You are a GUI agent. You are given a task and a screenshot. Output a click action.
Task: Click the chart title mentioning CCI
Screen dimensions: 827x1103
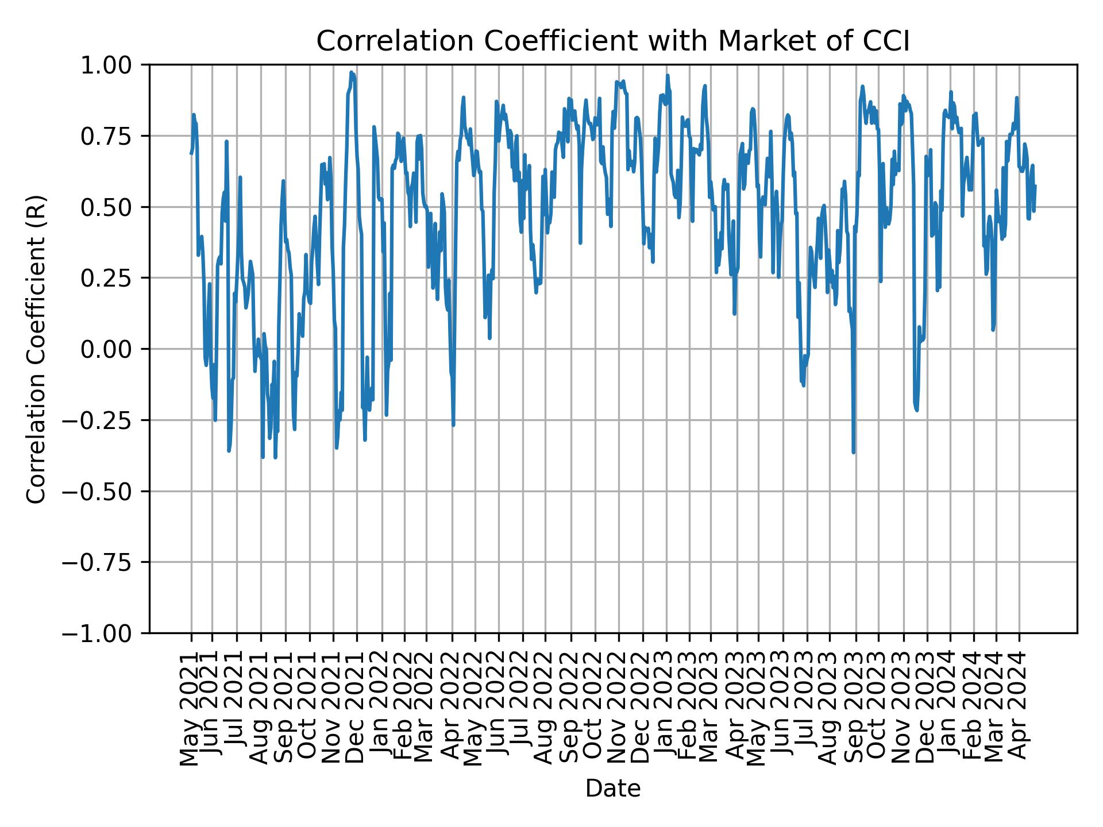pyautogui.click(x=613, y=41)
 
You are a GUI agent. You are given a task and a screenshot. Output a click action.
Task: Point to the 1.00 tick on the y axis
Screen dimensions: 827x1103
pyautogui.click(x=113, y=65)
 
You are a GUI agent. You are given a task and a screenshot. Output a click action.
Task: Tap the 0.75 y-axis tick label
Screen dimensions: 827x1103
pyautogui.click(x=113, y=136)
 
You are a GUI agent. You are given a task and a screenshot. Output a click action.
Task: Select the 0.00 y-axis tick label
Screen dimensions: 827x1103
pyautogui.click(x=113, y=349)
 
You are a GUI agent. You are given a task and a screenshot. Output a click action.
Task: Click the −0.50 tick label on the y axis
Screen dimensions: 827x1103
pyautogui.click(x=106, y=491)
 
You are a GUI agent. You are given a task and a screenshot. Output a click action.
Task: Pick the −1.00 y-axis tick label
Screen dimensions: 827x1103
pyautogui.click(x=106, y=633)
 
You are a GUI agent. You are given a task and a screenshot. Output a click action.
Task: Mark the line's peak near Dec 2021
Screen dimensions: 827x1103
pyautogui.click(x=351, y=72)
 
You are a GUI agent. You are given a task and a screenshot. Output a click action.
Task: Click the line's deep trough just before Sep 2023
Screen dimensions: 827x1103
pyautogui.click(x=854, y=453)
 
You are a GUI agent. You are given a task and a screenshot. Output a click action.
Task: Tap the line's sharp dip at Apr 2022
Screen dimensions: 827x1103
pyautogui.click(x=453, y=425)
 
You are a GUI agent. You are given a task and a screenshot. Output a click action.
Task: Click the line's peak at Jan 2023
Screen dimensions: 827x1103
pyautogui.click(x=668, y=75)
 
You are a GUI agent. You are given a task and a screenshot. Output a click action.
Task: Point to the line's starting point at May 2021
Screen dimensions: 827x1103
pyautogui.click(x=191, y=153)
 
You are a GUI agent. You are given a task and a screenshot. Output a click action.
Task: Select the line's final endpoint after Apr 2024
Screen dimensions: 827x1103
pyautogui.click(x=1035, y=186)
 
